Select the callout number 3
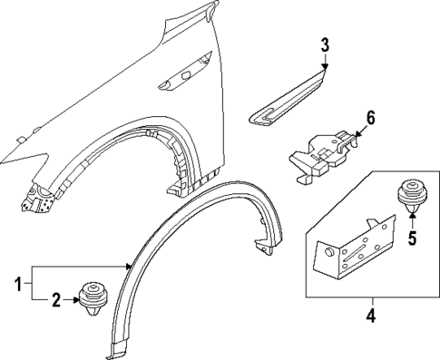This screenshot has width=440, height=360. click(x=325, y=45)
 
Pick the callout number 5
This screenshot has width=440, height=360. click(x=413, y=239)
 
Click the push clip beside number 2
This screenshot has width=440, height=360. click(x=93, y=297)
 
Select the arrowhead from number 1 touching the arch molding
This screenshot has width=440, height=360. click(x=129, y=267)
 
